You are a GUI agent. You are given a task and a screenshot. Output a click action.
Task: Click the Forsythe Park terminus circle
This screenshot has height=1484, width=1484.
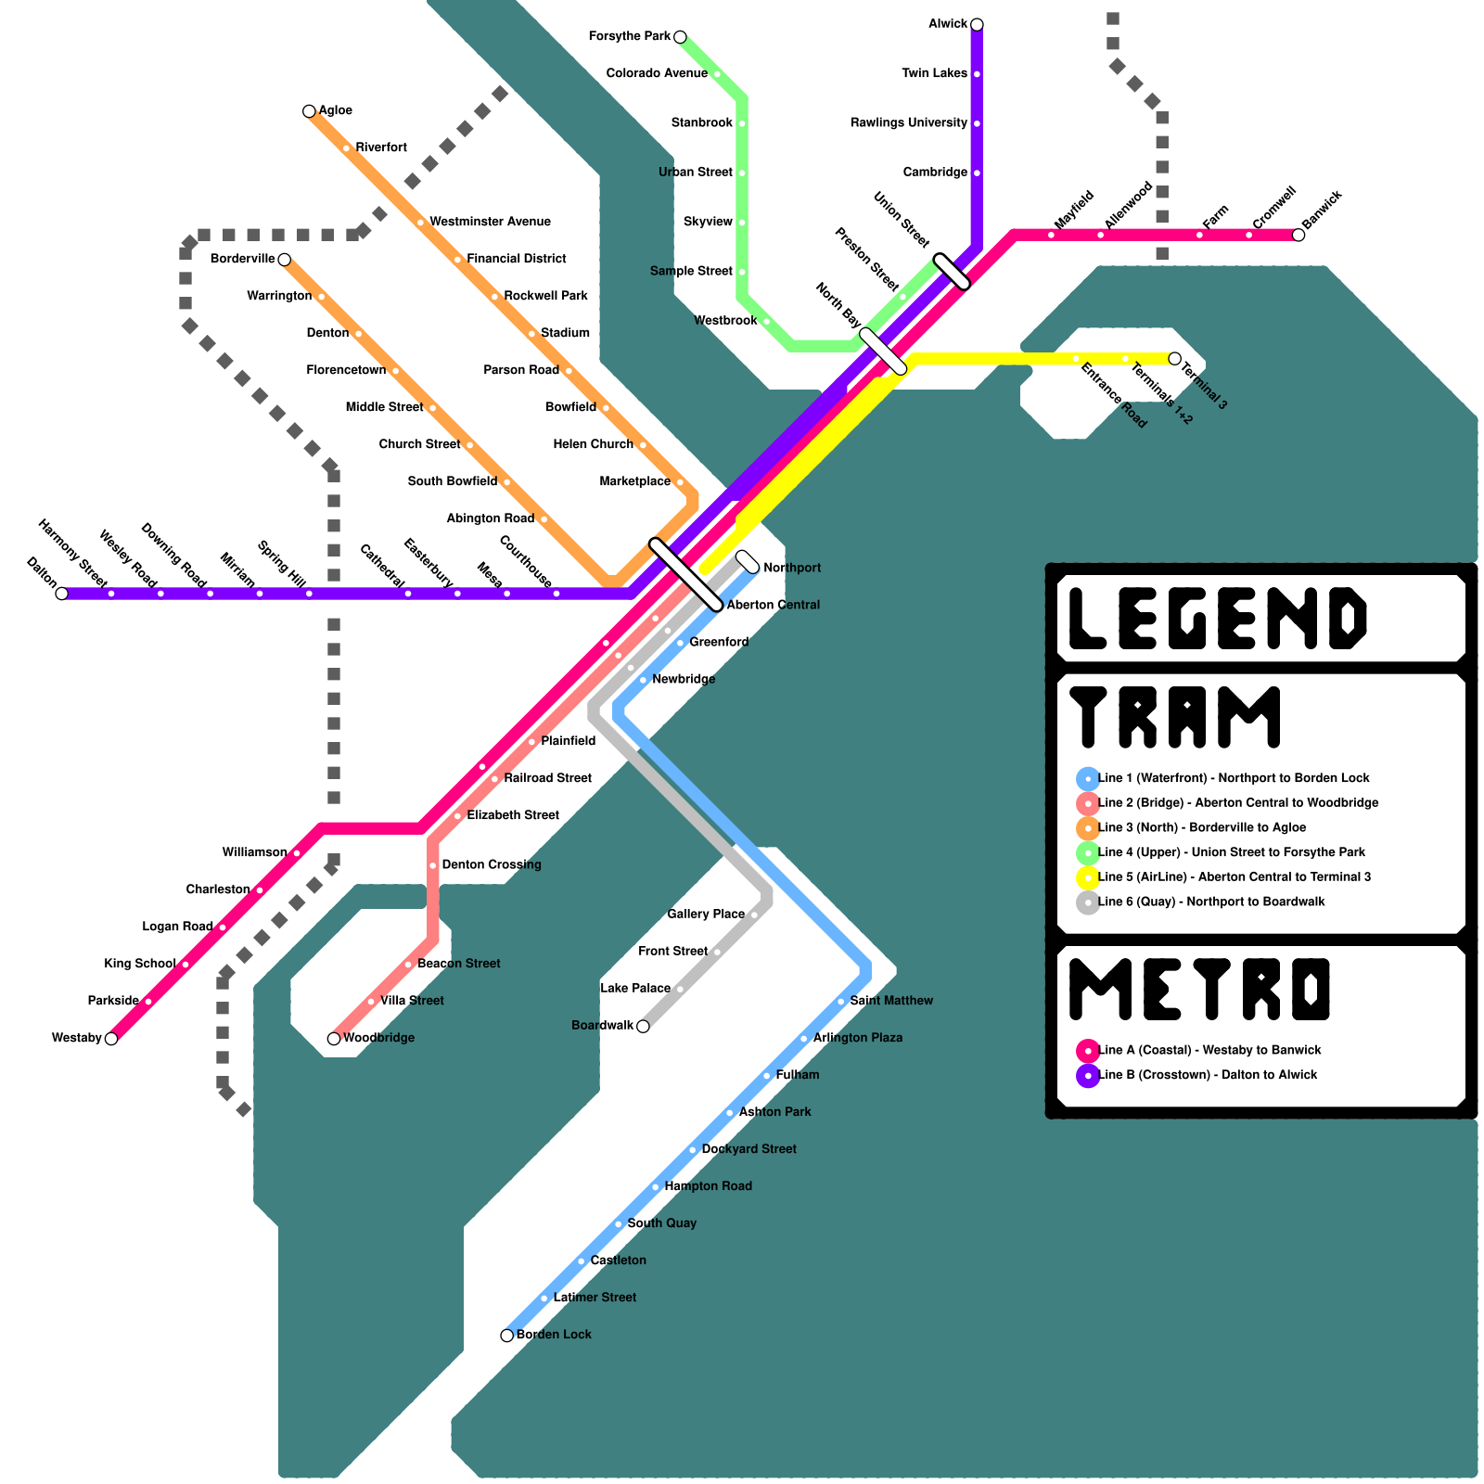tap(680, 37)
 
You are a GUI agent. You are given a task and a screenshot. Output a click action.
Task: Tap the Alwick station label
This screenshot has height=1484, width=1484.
tap(948, 24)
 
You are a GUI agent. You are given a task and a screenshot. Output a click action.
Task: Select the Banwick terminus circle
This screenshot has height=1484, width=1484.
tap(1298, 235)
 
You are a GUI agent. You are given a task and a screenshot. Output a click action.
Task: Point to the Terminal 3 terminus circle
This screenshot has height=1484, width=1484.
tap(1175, 359)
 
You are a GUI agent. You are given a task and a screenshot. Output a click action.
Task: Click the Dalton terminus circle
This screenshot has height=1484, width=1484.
tap(62, 594)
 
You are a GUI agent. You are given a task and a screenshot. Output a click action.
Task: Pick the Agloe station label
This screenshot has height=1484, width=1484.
tap(335, 110)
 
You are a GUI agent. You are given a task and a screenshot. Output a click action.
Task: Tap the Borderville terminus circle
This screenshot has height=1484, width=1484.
tap(285, 260)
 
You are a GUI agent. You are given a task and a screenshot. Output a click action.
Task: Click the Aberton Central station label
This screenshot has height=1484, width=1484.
tap(773, 606)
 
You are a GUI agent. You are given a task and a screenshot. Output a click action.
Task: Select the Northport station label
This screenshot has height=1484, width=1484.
tap(791, 568)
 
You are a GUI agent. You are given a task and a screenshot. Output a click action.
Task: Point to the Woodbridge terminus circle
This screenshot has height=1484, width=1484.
tap(334, 1039)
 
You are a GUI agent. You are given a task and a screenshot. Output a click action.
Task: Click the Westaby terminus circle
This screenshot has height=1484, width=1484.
tap(111, 1039)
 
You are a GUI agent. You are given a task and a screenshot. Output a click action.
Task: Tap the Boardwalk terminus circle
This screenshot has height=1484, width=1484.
tap(643, 1026)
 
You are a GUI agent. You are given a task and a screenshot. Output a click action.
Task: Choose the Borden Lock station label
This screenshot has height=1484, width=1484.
tap(554, 1335)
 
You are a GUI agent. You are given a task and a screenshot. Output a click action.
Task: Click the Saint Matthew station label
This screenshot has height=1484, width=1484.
tap(891, 1001)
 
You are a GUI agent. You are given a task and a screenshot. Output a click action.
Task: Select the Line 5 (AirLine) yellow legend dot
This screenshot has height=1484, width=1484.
tap(1088, 877)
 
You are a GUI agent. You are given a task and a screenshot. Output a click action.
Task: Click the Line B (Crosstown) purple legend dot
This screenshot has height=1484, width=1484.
tap(1088, 1076)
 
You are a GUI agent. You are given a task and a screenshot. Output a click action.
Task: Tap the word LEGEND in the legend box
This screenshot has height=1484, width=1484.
tap(1218, 618)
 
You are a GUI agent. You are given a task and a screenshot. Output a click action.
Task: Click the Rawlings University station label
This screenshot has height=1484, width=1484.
tap(909, 123)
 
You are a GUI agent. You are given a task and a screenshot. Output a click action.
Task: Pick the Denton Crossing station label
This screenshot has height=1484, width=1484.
tap(492, 865)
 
